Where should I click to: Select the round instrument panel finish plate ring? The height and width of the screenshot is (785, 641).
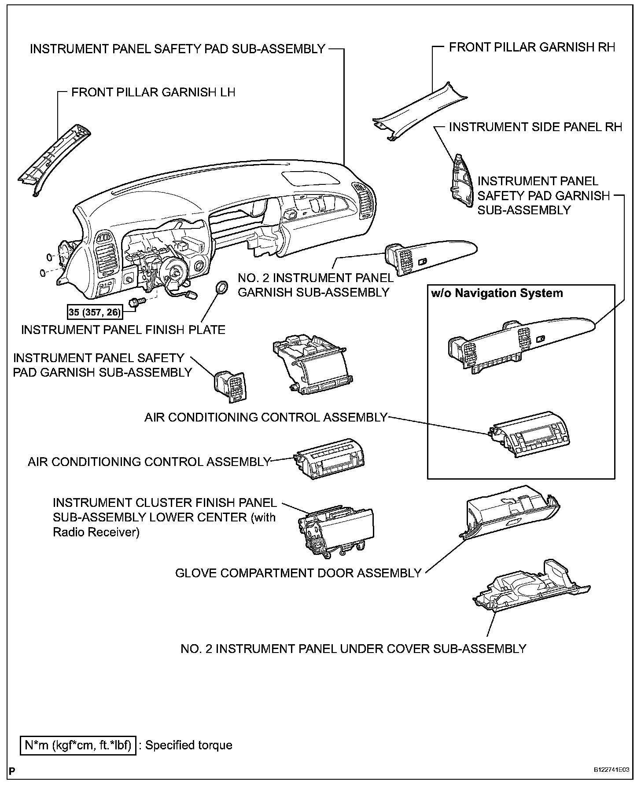(x=221, y=287)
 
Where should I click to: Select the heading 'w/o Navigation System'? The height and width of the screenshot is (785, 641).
(x=497, y=293)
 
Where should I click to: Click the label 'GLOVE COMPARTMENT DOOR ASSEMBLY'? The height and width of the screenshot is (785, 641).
(x=298, y=573)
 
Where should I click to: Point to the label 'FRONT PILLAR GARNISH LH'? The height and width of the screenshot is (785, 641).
(x=153, y=92)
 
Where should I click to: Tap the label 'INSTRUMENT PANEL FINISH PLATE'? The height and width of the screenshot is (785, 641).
(x=123, y=330)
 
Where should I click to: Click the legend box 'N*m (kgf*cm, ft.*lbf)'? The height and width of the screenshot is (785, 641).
(x=78, y=745)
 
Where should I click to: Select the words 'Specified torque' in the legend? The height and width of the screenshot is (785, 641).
(x=189, y=745)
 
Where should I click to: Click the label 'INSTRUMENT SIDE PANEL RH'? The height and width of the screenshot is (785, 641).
(x=535, y=127)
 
